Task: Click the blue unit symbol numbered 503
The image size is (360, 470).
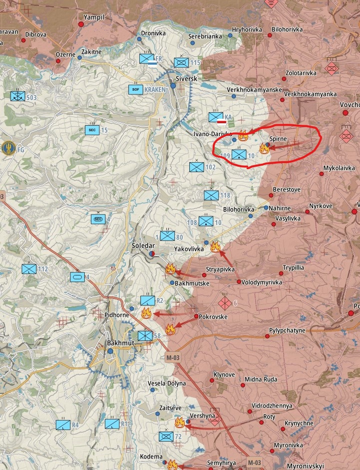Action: point(17,96)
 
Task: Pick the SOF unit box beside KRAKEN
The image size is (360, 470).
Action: point(135,90)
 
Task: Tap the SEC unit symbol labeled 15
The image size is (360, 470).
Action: point(92,130)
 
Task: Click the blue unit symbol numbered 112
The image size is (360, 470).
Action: point(29,269)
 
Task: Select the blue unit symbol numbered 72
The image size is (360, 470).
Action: point(166,437)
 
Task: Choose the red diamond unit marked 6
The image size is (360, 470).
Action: point(225,302)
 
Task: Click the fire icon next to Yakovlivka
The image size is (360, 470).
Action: point(215,246)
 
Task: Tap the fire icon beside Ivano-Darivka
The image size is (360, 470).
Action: point(243,135)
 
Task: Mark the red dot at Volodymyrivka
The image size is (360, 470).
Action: point(239,282)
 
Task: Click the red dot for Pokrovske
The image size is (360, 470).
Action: point(196,316)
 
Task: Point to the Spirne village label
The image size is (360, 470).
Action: point(278,139)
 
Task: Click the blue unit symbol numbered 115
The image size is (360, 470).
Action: point(181,62)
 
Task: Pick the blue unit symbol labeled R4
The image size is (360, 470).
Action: point(63,425)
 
